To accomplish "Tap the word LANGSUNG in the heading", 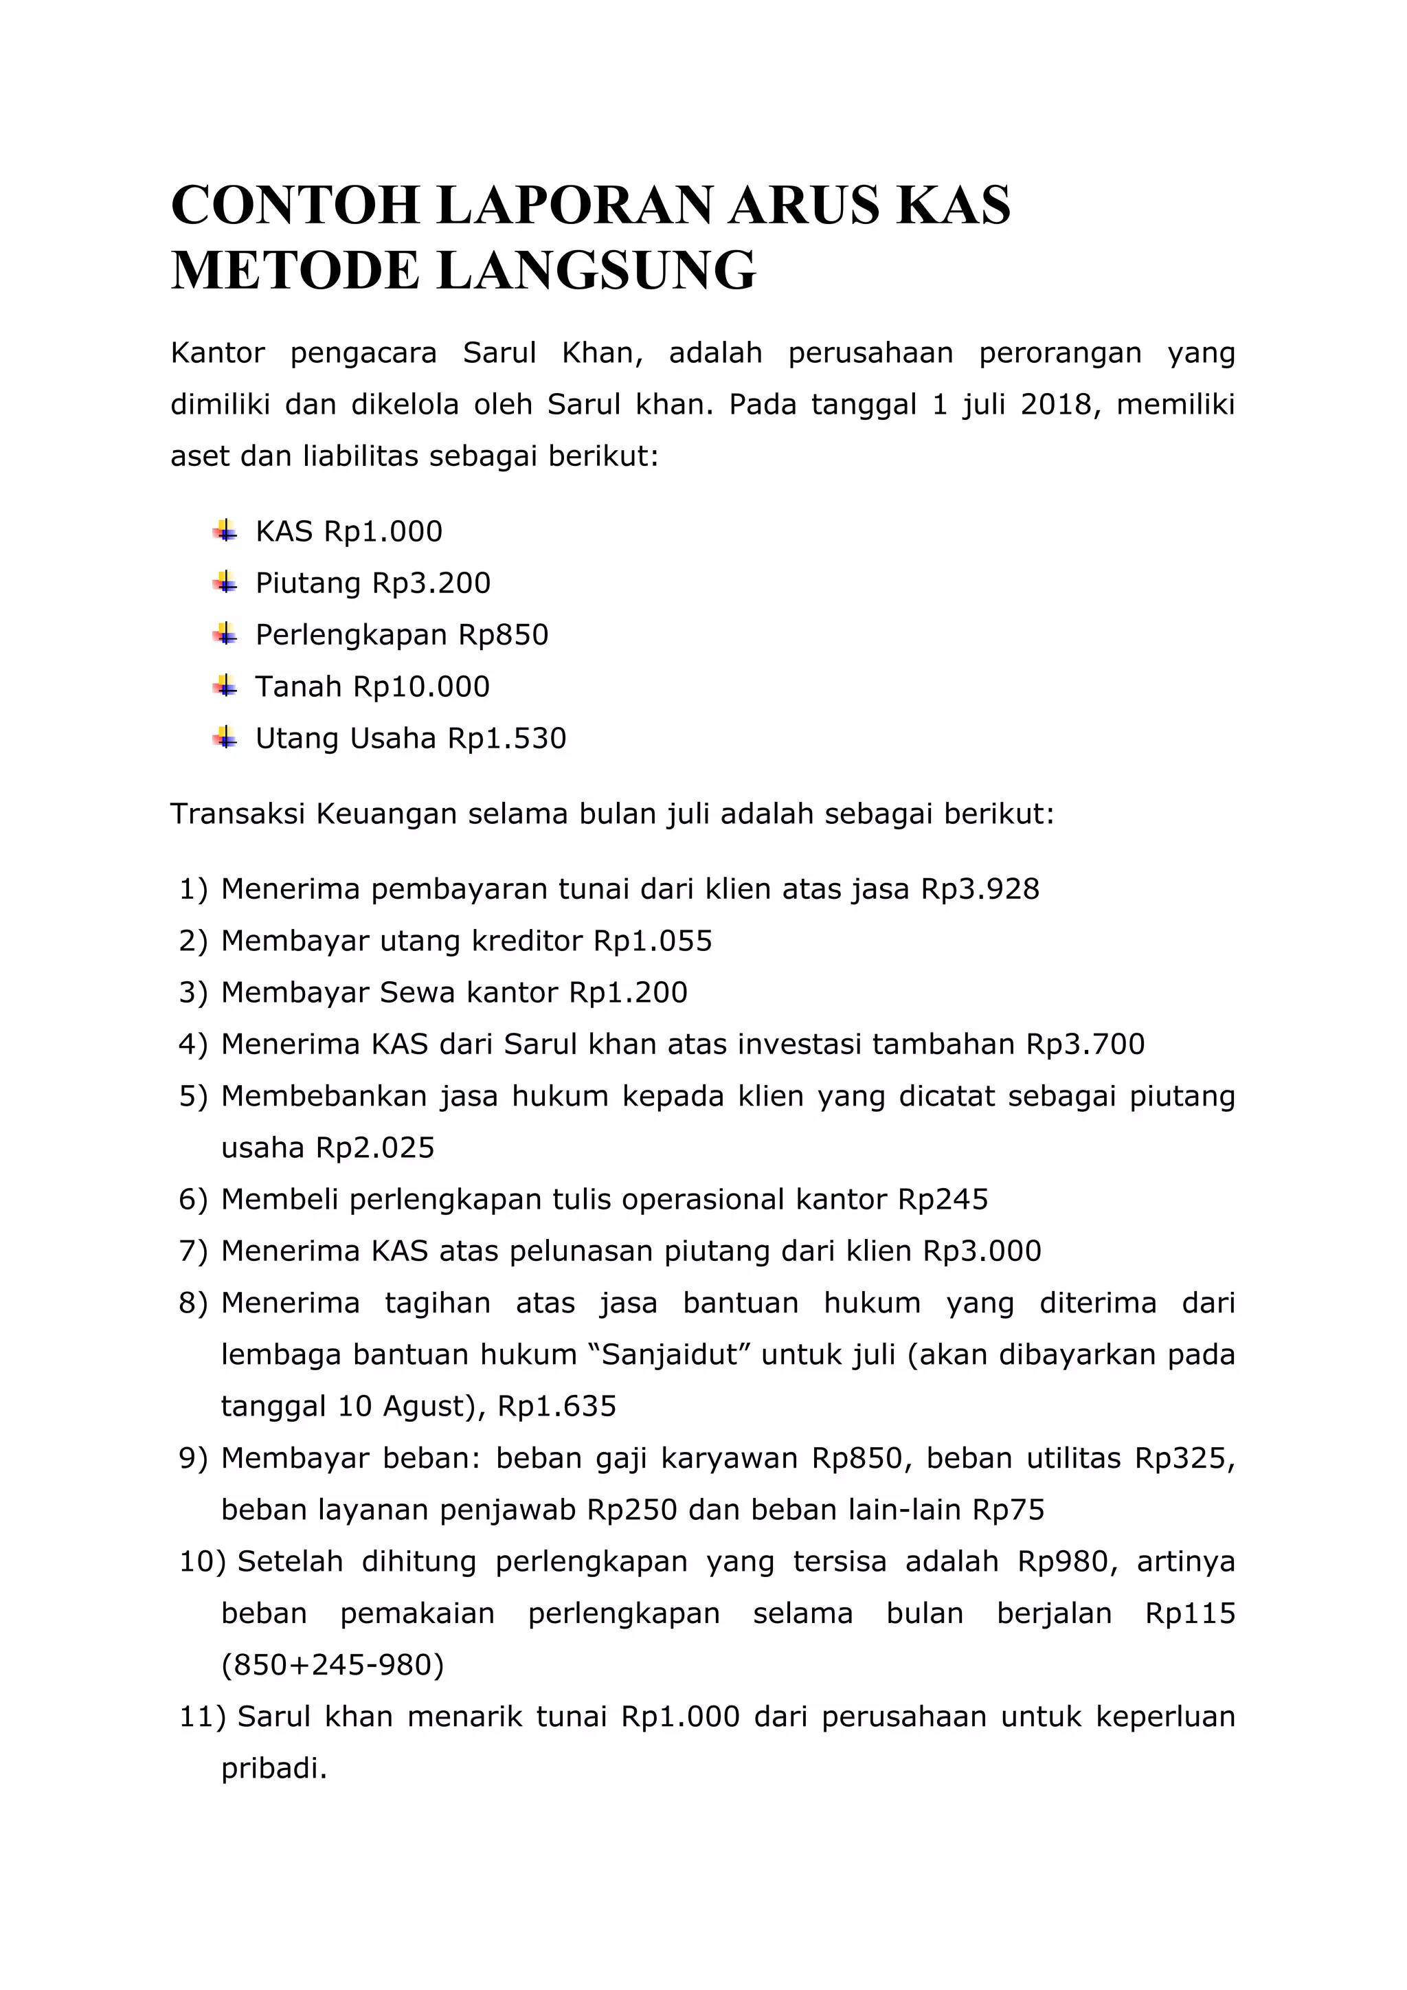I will click(597, 271).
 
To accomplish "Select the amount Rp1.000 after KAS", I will click(383, 531).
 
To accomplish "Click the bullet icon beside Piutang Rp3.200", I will click(225, 583).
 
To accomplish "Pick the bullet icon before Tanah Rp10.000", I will click(225, 686).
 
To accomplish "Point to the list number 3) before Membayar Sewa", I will click(194, 992).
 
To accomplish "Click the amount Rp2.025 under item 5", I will click(375, 1148).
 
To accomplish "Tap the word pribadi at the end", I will click(274, 1769).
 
